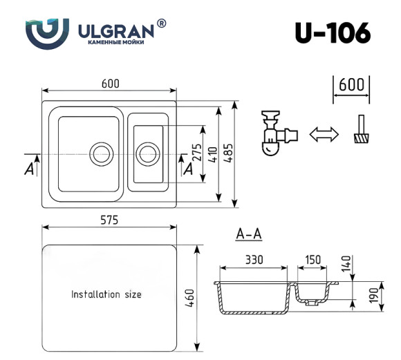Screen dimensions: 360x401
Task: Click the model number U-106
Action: (332, 32)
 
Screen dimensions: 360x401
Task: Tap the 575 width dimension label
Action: (109, 220)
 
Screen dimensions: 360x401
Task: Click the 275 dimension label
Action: (196, 153)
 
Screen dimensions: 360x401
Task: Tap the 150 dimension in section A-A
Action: (313, 259)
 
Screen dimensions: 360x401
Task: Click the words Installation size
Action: (106, 294)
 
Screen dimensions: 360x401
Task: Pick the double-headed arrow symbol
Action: (322, 134)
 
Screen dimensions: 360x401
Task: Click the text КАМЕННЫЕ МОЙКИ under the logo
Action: (117, 43)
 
